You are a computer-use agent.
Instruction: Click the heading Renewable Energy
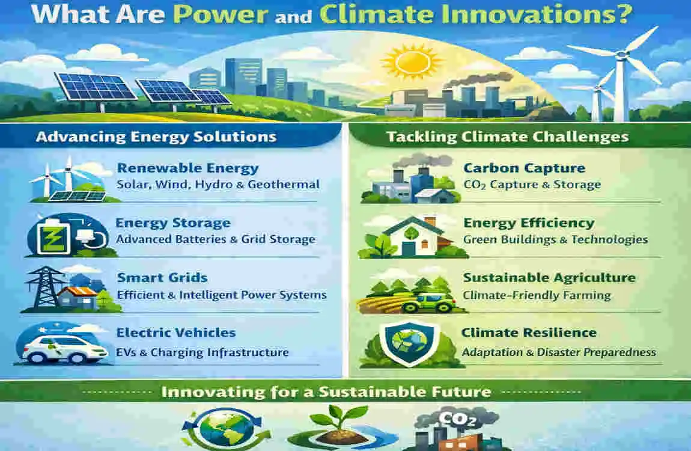click(187, 168)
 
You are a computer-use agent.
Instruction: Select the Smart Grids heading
click(162, 278)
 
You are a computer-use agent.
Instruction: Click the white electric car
click(64, 349)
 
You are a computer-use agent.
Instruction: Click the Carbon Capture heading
click(524, 168)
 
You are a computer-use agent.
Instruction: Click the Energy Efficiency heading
click(529, 223)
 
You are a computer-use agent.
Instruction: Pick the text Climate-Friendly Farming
click(537, 295)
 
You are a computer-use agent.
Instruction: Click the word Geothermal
click(284, 184)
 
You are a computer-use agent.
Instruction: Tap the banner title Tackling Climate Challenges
click(508, 137)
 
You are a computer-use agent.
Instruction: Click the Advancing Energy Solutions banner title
click(156, 137)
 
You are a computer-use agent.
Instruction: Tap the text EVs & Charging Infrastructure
click(202, 352)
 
